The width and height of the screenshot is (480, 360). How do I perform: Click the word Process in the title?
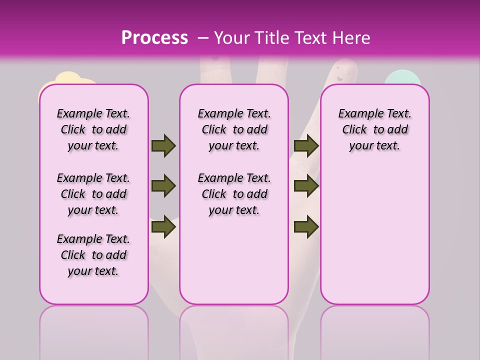154,37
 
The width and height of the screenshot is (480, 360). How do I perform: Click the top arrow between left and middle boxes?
163,146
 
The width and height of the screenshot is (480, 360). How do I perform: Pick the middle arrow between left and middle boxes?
163,186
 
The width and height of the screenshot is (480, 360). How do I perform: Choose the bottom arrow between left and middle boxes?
163,227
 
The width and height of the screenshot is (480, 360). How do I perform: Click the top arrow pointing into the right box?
306,146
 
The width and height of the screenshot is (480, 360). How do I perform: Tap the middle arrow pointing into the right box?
306,186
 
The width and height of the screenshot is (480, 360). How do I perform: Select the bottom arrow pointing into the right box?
306,227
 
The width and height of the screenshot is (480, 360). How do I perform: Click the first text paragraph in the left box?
93,129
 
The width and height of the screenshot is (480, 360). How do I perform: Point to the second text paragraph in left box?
93,194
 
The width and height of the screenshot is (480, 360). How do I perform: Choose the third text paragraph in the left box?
93,255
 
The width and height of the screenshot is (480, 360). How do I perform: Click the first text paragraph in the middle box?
234,129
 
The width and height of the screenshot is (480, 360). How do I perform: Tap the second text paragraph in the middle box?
234,194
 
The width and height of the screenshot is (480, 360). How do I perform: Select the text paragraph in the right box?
374,129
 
